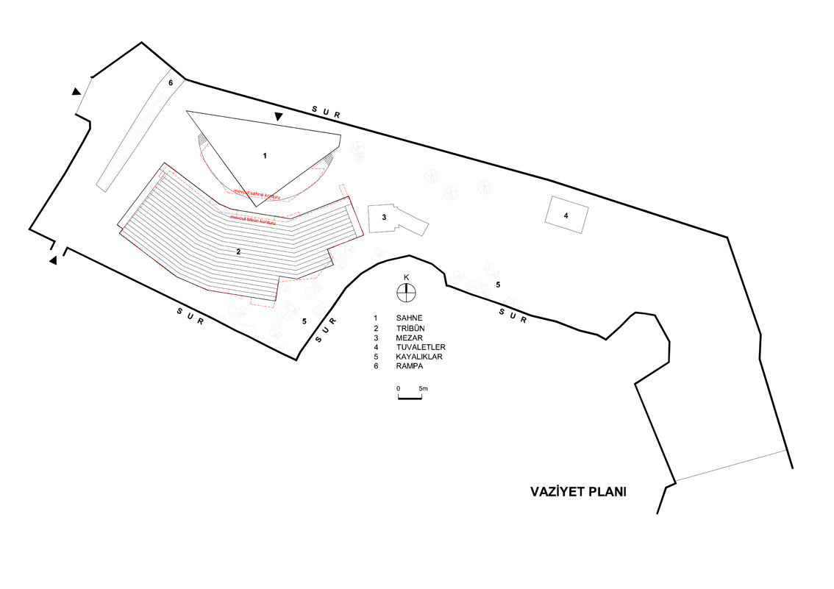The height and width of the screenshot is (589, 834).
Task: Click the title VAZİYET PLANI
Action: coord(578,492)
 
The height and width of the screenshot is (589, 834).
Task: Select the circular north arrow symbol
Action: coord(406,293)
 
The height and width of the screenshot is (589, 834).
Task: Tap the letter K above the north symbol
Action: coord(406,277)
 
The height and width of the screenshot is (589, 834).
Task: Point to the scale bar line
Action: coord(410,398)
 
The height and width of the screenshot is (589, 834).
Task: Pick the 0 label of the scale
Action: coord(398,388)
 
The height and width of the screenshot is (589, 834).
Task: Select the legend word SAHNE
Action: coord(408,318)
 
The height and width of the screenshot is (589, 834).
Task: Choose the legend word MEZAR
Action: coord(408,338)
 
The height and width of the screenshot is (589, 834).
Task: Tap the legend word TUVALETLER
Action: coord(421,347)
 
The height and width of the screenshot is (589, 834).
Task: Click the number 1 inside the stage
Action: coord(265,156)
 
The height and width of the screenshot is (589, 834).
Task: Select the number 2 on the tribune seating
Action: coord(238,251)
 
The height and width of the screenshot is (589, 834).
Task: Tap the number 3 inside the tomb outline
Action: coord(384,217)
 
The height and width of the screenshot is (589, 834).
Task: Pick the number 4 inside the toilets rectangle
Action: coord(566,215)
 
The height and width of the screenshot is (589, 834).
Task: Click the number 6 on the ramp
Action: coord(171,83)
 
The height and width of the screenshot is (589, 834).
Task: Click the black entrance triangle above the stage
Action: coord(278,117)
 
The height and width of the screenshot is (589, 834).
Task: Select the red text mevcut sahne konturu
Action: coord(257,192)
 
